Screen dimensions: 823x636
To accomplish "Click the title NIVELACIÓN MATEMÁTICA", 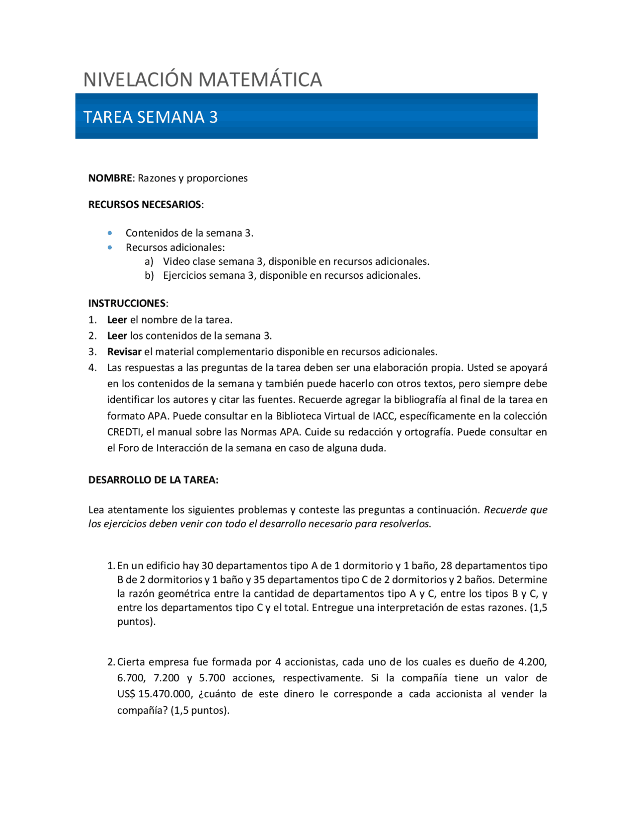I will coord(203,80).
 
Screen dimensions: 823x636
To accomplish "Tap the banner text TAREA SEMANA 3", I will coord(150,117).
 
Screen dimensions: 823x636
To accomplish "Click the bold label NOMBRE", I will coord(110,178).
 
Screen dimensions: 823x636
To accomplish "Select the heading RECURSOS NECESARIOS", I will coord(145,205).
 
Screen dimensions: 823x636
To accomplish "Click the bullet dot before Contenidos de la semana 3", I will coord(110,233).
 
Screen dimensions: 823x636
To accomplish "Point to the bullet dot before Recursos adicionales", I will coord(110,247).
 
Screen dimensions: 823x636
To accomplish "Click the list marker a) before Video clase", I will coord(149,261).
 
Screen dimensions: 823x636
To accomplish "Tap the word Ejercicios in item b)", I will coord(184,275).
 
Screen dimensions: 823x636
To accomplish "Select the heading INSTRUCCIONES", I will coord(127,303).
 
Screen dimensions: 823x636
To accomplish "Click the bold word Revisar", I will coord(124,352).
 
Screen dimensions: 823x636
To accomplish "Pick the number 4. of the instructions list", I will coord(92,368).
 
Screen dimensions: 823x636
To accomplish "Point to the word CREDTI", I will coord(124,432).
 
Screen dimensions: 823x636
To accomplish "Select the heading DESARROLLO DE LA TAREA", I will coord(153,480).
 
